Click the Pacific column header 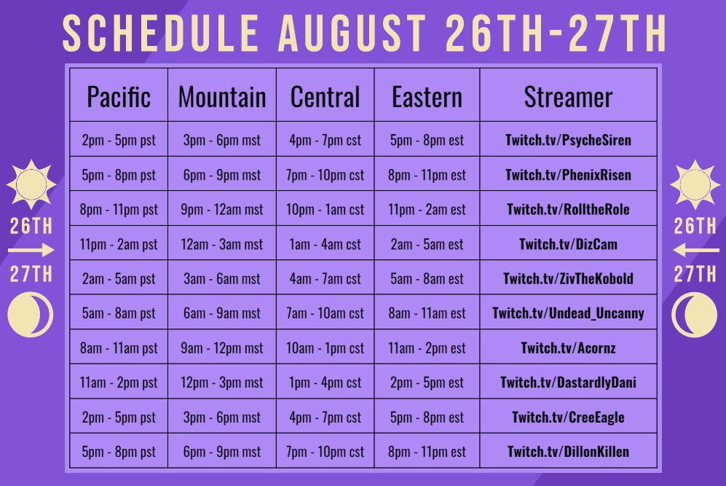(x=119, y=97)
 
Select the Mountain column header (x=222, y=97)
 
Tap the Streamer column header (x=568, y=97)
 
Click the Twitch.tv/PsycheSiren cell (x=568, y=140)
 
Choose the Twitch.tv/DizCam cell (x=568, y=244)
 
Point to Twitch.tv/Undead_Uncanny (x=568, y=314)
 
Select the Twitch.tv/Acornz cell (x=568, y=348)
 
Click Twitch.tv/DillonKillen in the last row (x=568, y=452)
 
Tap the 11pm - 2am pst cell (x=119, y=244)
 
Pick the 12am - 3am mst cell (x=222, y=244)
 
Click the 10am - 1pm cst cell (x=325, y=348)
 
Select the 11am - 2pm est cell (x=427, y=348)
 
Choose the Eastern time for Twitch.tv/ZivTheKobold (x=427, y=279)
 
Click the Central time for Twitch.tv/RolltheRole (x=325, y=210)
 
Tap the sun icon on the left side (x=31, y=184)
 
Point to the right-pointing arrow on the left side (x=31, y=251)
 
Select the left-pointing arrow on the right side (x=694, y=251)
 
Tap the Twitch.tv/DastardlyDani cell (x=568, y=383)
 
